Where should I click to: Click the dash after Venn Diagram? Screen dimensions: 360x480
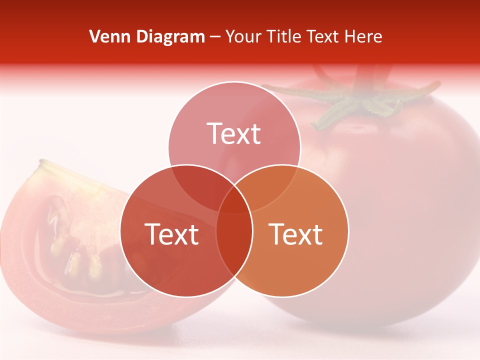[215, 37]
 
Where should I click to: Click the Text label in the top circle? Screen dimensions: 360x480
[234, 133]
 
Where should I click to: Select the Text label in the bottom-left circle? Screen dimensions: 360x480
[171, 234]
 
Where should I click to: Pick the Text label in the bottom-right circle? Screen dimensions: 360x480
[296, 234]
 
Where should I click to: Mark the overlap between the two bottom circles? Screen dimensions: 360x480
[234, 240]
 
